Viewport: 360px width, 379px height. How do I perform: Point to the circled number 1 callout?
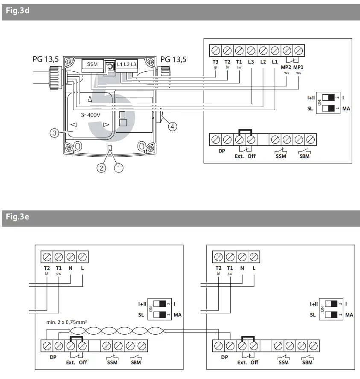tap(118, 168)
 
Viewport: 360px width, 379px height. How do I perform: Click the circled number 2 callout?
tap(101, 168)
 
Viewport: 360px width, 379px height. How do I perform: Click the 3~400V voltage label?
tap(91, 115)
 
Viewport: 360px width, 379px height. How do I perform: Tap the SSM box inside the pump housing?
tap(92, 64)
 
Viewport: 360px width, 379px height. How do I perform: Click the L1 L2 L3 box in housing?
tap(127, 64)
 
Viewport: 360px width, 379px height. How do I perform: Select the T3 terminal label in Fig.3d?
tap(216, 62)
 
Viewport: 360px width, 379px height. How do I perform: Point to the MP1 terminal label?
tap(299, 67)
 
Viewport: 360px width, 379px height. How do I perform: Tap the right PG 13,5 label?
tap(173, 59)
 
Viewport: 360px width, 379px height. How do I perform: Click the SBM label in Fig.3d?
tap(304, 156)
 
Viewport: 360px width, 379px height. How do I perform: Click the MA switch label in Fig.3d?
tap(346, 109)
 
